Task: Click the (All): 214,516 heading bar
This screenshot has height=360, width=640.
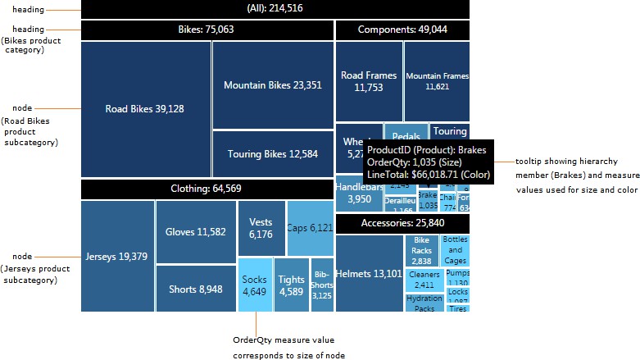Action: (x=275, y=9)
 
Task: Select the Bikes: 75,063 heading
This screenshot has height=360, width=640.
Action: (x=207, y=30)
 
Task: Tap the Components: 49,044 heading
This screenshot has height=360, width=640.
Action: (x=402, y=30)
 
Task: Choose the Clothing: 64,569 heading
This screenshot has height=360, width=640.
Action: (x=207, y=189)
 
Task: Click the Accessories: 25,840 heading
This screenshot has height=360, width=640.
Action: (x=402, y=223)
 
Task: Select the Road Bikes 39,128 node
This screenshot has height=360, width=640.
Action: (x=145, y=109)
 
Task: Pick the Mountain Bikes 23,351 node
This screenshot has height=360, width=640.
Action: (x=272, y=84)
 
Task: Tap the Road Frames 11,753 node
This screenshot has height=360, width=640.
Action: (x=368, y=80)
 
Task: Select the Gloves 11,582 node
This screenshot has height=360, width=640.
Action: (x=196, y=232)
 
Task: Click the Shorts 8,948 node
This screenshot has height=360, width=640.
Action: (x=196, y=289)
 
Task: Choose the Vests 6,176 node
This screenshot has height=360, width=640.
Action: (x=261, y=228)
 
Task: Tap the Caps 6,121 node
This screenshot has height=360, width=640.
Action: (x=310, y=228)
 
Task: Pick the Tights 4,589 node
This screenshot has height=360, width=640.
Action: (x=291, y=285)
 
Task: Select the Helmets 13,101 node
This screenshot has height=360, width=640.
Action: (x=369, y=274)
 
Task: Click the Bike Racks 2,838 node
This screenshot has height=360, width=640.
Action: (x=421, y=250)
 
